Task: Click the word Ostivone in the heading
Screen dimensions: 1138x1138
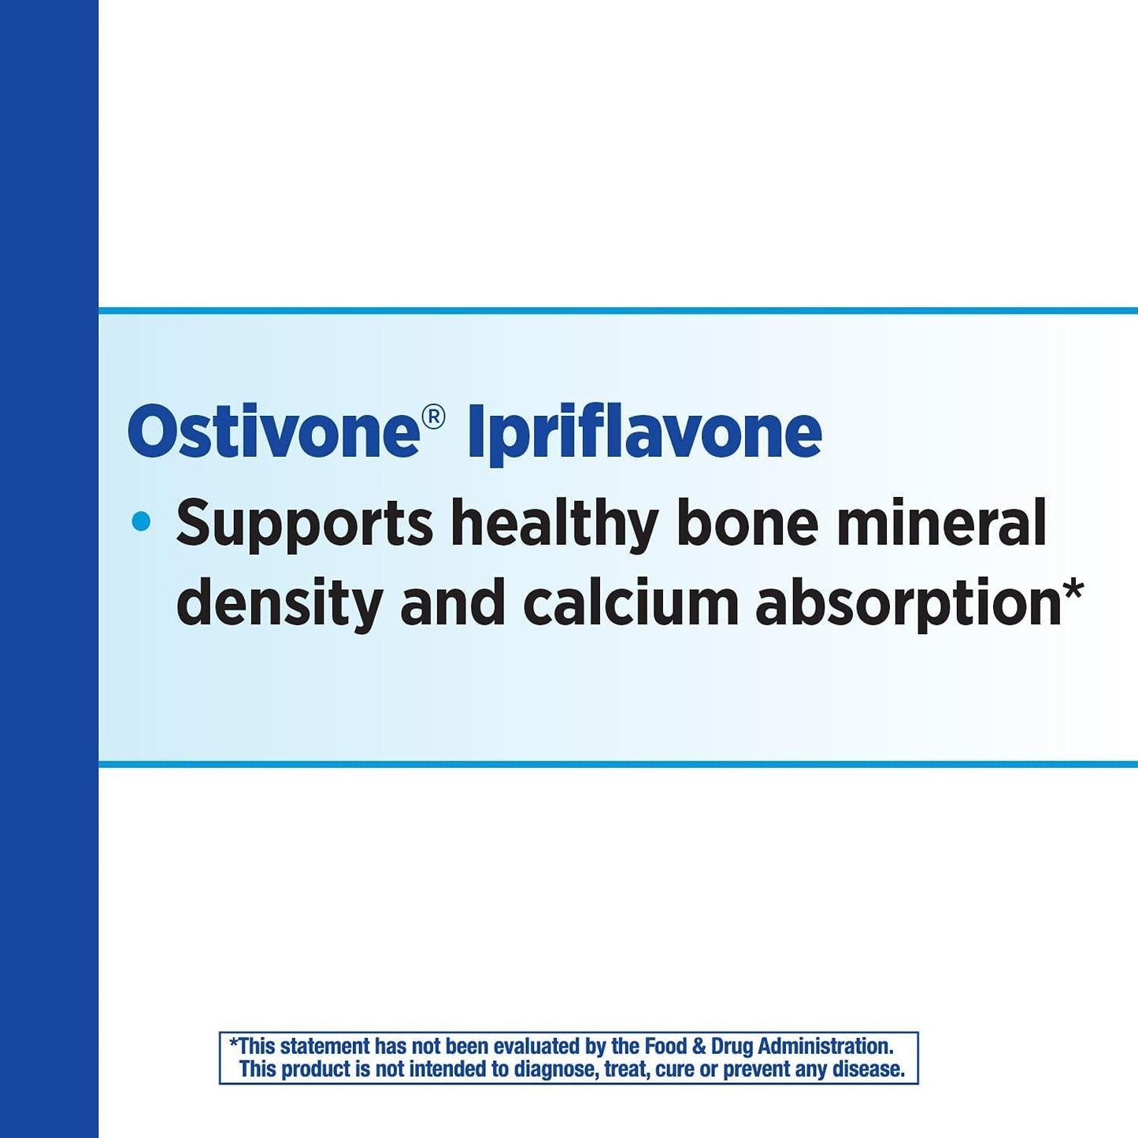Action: coord(272,432)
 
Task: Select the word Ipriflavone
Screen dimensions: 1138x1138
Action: coord(644,433)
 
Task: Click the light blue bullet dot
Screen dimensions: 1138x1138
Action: coord(142,521)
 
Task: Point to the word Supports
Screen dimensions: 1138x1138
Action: coord(304,525)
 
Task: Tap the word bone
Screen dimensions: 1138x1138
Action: coord(747,523)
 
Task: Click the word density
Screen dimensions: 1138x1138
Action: coord(279,605)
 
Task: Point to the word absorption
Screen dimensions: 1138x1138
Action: coord(908,605)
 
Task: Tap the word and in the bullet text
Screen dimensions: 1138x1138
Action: coord(452,603)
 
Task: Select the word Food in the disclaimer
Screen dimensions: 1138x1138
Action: coord(665,1047)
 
